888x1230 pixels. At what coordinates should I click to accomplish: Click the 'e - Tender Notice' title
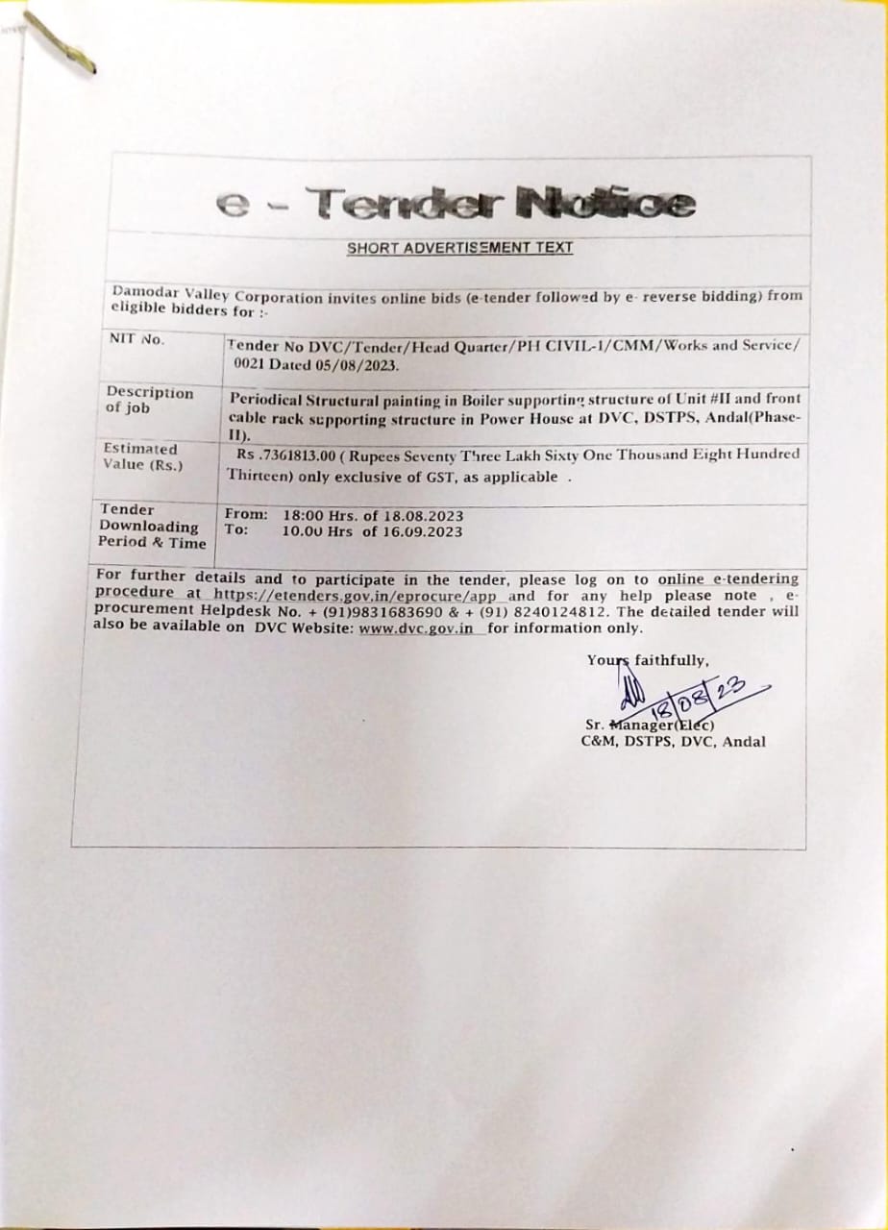[455, 203]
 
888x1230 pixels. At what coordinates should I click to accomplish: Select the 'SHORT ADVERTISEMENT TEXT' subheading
[459, 248]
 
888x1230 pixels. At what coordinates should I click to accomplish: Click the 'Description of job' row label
[149, 400]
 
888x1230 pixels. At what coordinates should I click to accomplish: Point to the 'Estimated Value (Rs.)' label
[141, 456]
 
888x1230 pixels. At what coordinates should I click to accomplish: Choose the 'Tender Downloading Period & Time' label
[152, 527]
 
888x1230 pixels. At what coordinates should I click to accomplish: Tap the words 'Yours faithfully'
[648, 660]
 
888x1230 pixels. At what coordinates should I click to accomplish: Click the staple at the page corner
[60, 43]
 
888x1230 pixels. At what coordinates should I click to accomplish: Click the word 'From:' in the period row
[246, 515]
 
